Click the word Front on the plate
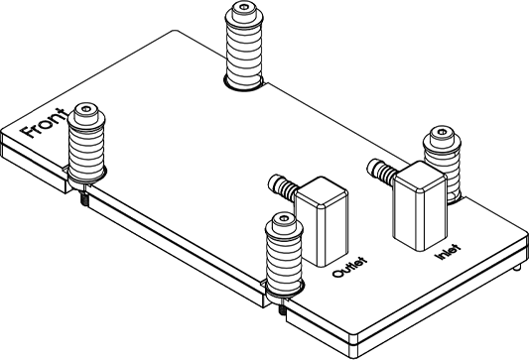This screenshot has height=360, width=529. (x=44, y=123)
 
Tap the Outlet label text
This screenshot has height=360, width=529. (x=349, y=268)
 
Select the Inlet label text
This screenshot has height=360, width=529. (x=449, y=252)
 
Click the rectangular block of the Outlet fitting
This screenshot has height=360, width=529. (x=322, y=221)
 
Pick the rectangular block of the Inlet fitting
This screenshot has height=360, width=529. (x=421, y=205)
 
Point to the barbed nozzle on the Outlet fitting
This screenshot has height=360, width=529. (x=283, y=187)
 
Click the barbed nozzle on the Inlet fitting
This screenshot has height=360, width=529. (x=382, y=172)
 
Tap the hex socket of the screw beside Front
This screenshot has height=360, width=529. (x=86, y=109)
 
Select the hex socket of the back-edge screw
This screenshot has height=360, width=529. (x=243, y=6)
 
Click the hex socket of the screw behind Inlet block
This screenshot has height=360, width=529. (x=442, y=132)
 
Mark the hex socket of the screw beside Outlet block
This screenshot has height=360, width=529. (x=285, y=218)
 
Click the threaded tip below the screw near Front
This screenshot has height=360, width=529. (x=84, y=200)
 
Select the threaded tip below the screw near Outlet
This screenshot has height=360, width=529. (x=283, y=309)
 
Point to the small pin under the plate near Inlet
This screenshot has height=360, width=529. (x=516, y=268)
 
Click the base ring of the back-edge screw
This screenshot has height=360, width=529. (x=244, y=87)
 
